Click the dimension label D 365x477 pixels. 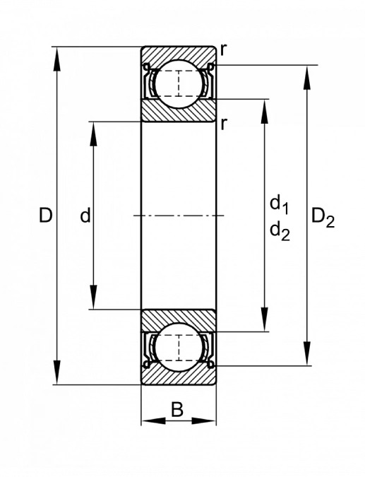46,216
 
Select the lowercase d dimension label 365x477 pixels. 85,216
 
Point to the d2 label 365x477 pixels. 280,232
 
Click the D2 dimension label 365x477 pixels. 323,218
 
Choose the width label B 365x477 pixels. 177,409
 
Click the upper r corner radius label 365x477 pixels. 223,50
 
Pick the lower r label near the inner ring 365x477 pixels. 224,124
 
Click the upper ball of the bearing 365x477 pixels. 179,83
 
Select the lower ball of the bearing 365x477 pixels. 179,347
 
